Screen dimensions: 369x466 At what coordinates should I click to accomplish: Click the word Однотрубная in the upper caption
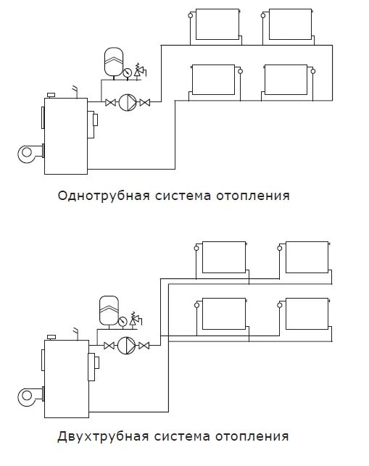point(104,196)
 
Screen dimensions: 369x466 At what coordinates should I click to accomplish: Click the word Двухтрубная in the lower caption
point(103,436)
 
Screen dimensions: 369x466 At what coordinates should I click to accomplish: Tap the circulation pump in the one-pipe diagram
point(128,102)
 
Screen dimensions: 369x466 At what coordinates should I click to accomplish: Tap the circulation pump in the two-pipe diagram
point(126,346)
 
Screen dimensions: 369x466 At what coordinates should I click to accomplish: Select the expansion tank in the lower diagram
point(109,310)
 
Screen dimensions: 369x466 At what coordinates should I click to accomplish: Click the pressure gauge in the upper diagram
point(127,72)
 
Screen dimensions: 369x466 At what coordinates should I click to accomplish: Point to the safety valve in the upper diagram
point(139,71)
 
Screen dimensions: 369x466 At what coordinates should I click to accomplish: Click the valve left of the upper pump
point(110,102)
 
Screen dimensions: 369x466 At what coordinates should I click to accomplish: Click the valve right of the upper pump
point(145,102)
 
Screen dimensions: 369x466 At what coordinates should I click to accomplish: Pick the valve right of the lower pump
point(144,346)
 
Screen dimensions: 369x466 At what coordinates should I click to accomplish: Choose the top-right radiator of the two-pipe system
point(307,257)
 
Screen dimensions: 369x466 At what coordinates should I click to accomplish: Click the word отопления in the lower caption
point(252,436)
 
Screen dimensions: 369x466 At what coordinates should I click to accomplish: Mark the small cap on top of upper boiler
point(51,95)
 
